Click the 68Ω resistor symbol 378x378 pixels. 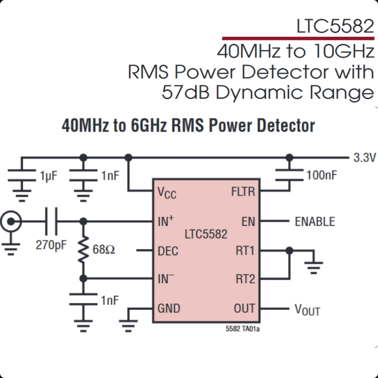point(83,250)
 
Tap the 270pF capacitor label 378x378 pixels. point(51,245)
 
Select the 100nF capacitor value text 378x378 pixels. point(322,175)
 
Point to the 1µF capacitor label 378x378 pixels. point(49,176)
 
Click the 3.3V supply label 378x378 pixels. point(364,158)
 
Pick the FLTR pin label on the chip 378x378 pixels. point(243,192)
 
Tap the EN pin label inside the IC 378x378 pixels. point(248,222)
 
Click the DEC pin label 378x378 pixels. point(168,251)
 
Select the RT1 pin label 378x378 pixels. point(245,250)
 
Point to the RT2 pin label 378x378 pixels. point(245,279)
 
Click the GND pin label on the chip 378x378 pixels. point(169,308)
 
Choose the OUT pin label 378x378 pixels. point(244,308)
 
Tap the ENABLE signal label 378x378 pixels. point(315,222)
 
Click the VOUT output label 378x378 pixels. point(307,309)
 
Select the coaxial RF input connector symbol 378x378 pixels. point(11,221)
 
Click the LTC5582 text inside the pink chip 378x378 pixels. point(206,234)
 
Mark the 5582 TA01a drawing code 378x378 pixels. point(242,329)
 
